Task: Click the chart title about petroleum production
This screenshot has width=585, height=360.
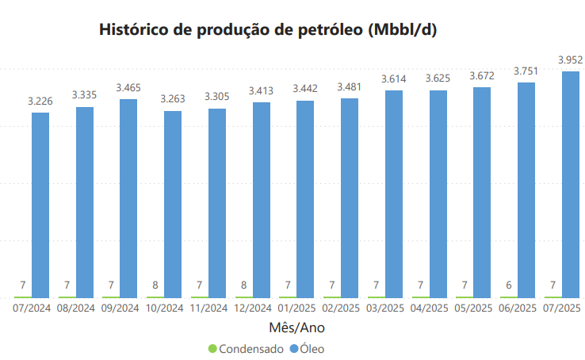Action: click(268, 30)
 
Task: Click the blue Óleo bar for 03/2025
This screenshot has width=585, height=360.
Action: click(394, 193)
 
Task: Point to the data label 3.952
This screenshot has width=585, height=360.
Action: click(570, 59)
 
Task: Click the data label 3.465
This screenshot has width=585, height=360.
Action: click(128, 87)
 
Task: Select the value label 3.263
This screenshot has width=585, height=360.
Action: click(173, 99)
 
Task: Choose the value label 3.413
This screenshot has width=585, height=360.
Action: click(261, 91)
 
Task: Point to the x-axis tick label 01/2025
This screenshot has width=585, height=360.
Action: click(297, 308)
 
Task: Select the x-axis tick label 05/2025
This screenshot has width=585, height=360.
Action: click(474, 308)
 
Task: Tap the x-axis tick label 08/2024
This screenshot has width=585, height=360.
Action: click(76, 308)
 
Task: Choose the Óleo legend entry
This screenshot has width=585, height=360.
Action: click(312, 348)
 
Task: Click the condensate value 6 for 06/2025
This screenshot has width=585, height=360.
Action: click(508, 285)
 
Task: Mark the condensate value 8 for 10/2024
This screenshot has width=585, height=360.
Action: click(155, 285)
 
